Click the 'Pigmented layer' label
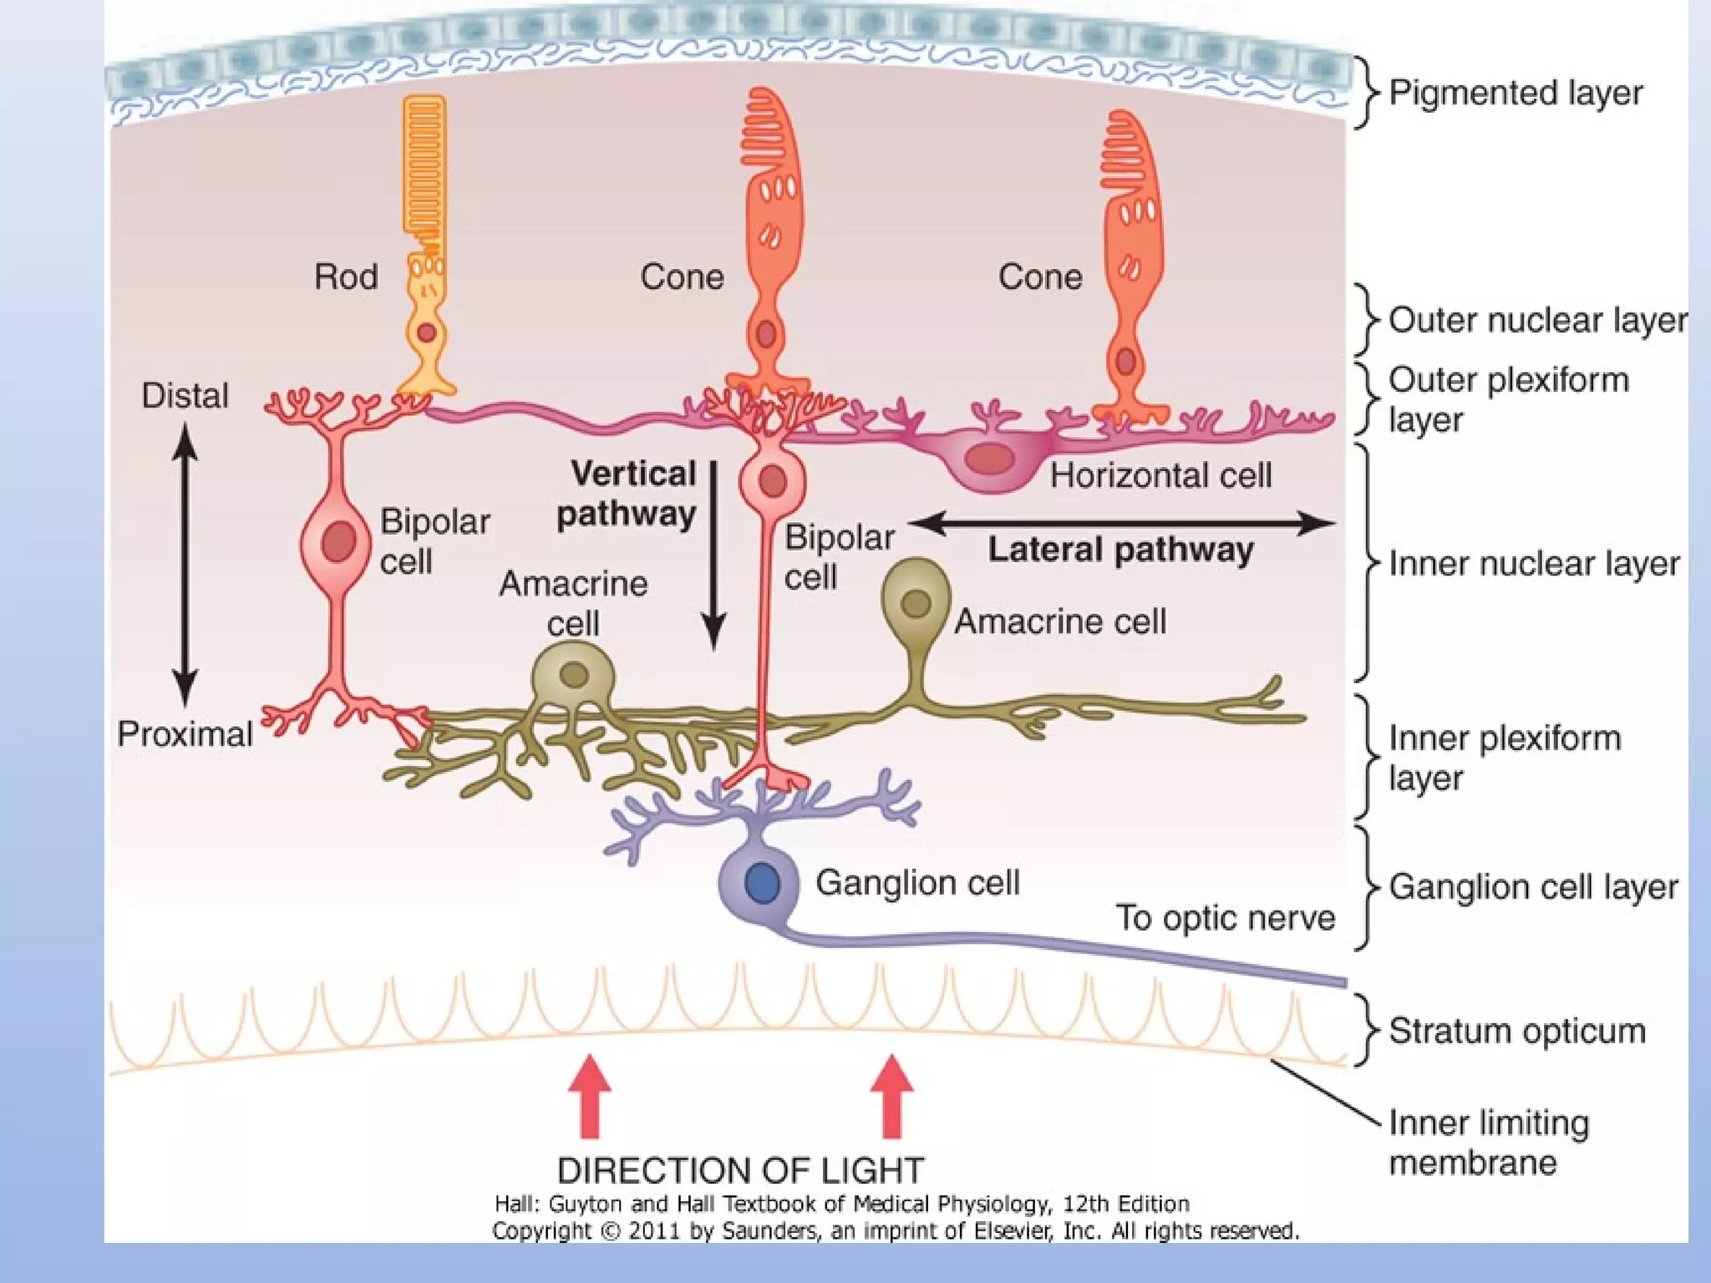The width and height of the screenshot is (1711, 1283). point(1515,93)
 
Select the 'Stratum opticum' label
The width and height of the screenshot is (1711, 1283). point(1516,1032)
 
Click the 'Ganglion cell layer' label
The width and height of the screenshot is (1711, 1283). point(1533,887)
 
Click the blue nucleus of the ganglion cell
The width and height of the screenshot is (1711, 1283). point(762,883)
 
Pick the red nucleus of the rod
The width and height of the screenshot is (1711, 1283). point(427,333)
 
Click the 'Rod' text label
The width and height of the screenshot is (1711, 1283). point(346,276)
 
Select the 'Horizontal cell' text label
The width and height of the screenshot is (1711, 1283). point(1160,476)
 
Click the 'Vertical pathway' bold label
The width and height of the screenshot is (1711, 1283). point(627,494)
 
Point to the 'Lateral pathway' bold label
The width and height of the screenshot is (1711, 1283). point(1120,550)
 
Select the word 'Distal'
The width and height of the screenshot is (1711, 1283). point(185,396)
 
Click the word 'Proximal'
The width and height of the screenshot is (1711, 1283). point(185,734)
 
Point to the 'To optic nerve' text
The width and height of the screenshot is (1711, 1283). point(1226,918)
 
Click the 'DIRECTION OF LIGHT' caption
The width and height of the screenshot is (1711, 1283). point(740,1170)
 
